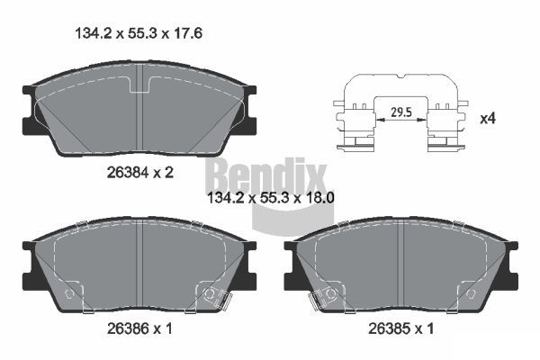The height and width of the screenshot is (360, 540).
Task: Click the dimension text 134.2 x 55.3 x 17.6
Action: coord(139,33)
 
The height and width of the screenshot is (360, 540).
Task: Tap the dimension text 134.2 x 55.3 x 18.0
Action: coord(271,198)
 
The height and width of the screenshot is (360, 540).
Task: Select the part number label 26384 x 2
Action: coord(139,172)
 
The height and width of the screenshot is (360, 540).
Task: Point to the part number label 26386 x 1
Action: coord(139,328)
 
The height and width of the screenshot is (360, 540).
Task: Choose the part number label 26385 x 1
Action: coord(400,328)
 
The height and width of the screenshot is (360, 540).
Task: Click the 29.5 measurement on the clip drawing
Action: coord(401,112)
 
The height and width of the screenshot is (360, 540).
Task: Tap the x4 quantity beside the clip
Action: coord(488,119)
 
